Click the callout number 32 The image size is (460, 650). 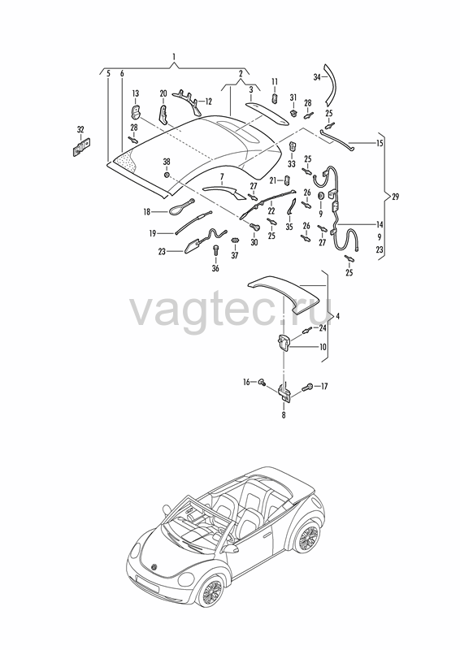click(80, 130)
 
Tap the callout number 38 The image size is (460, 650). click(167, 162)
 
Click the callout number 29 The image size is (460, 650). click(395, 197)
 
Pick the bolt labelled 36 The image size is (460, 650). click(215, 251)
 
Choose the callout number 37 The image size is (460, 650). click(235, 256)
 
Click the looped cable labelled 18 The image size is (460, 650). click(181, 206)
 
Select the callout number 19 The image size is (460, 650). click(153, 234)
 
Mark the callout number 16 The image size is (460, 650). click(246, 382)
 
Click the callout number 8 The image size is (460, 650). click(284, 414)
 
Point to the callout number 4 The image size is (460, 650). click(337, 316)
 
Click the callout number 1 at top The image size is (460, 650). click(174, 56)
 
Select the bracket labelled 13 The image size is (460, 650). click(136, 112)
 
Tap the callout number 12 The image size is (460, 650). click(208, 101)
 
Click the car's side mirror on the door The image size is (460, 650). click(231, 548)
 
